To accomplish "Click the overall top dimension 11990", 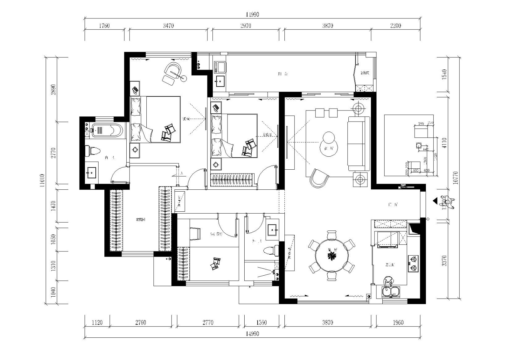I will [x=252, y=15].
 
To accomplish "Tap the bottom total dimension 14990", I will [x=252, y=334].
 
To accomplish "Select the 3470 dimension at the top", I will [x=168, y=26].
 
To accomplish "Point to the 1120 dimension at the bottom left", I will [x=97, y=322].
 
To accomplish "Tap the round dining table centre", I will [x=332, y=255].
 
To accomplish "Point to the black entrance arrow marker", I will [x=435, y=201].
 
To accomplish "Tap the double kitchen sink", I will [x=391, y=291].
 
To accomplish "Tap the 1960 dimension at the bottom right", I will [x=398, y=322].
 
